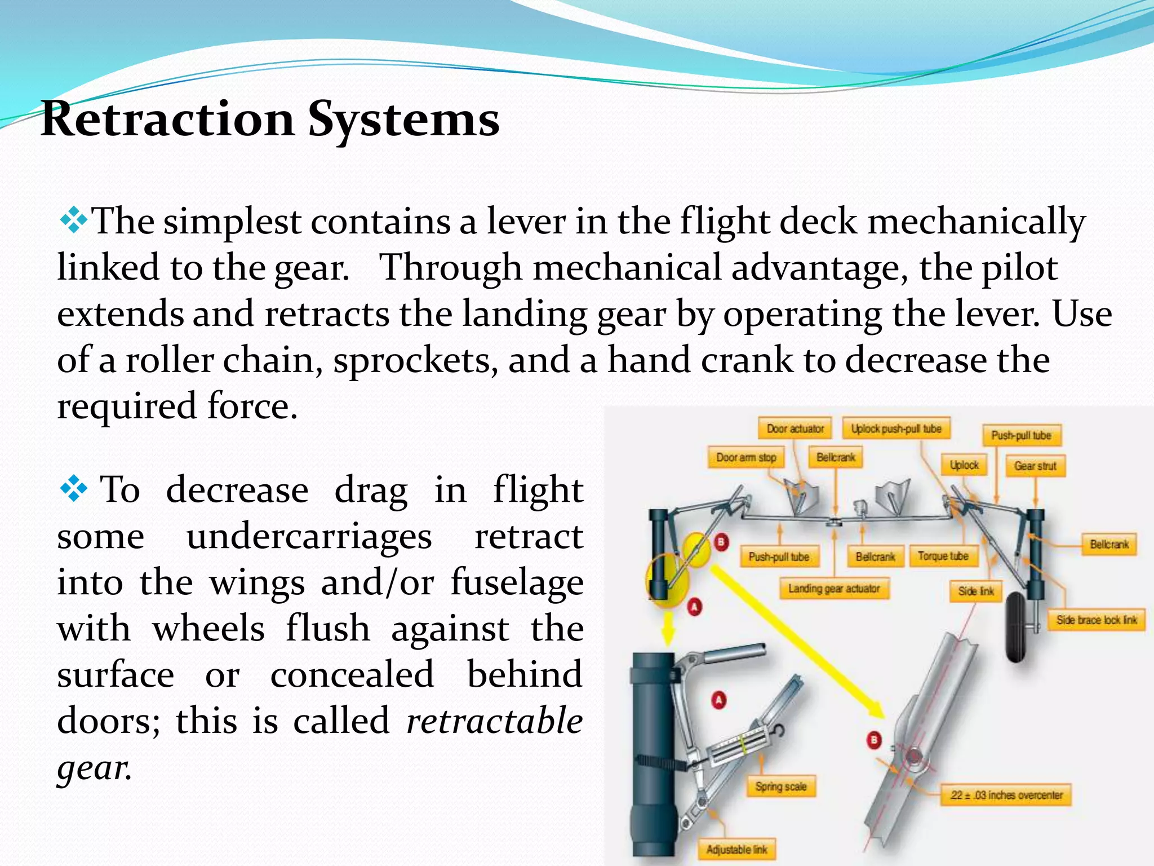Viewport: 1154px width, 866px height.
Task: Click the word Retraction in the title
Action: tap(168, 120)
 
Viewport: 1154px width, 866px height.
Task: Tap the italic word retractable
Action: tap(494, 721)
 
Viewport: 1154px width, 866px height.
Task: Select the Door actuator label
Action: tap(795, 429)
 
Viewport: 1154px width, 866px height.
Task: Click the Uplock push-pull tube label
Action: tap(896, 429)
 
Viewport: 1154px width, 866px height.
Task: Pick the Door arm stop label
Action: tap(746, 458)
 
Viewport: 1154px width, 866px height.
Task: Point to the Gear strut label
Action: tap(1035, 466)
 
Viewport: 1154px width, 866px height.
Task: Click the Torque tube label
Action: tap(943, 556)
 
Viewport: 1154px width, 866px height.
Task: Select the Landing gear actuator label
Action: tap(833, 589)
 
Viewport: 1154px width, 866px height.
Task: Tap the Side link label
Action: tap(976, 591)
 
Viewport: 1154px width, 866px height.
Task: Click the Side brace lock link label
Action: tap(1097, 620)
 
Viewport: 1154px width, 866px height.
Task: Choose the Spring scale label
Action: tap(780, 787)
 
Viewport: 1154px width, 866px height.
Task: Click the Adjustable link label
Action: tap(736, 850)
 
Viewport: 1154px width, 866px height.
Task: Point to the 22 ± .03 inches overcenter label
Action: tap(1006, 796)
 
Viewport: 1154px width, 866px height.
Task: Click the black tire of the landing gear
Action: tap(1017, 626)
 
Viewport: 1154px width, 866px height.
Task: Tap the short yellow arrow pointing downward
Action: tap(668, 629)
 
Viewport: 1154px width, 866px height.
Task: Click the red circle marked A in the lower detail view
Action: tap(719, 700)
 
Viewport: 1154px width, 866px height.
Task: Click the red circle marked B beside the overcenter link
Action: tap(874, 740)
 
